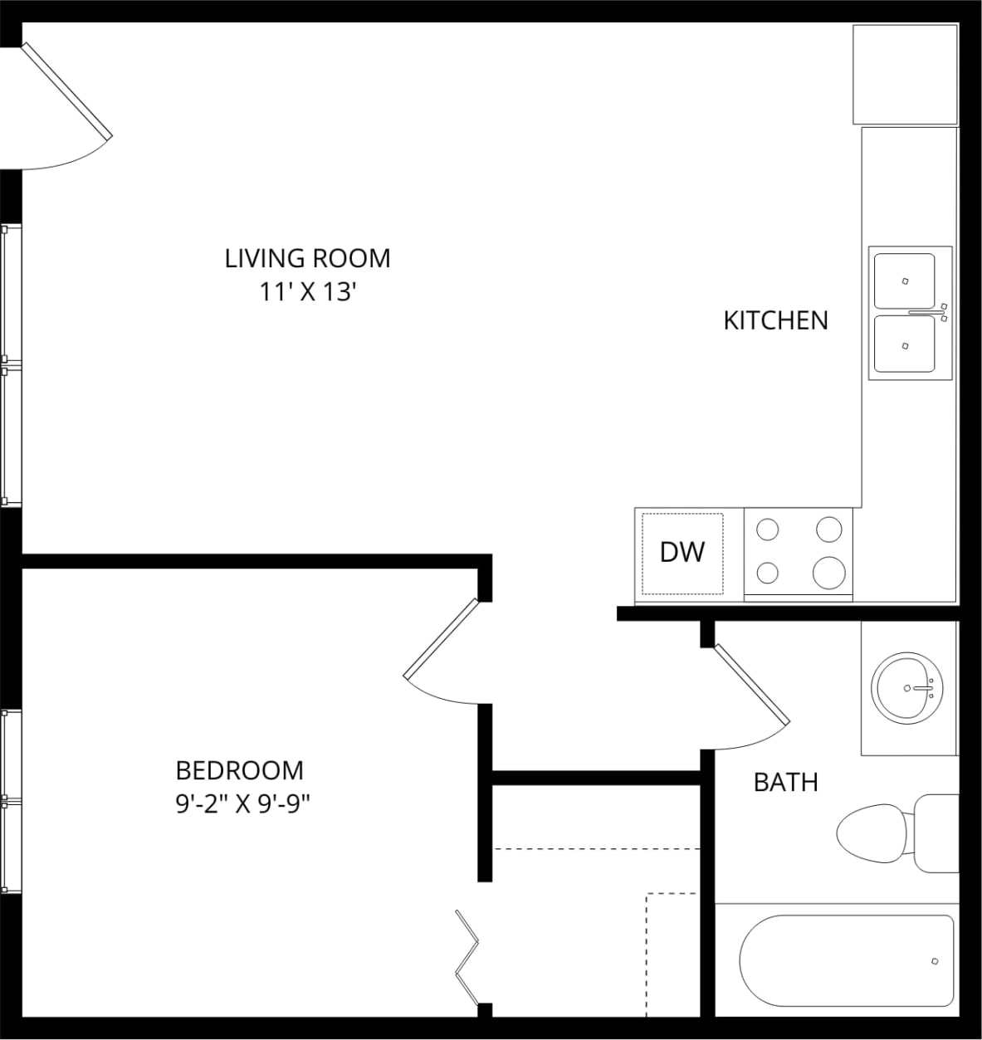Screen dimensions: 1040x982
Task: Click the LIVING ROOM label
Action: pos(307,258)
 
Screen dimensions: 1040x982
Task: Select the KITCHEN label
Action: pos(775,320)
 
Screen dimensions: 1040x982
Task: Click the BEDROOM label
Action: pos(239,770)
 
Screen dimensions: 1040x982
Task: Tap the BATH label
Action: pos(785,782)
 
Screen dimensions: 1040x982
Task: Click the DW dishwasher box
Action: pos(682,552)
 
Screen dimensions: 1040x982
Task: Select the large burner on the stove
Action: pos(828,572)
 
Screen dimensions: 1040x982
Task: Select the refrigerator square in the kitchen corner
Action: pos(906,75)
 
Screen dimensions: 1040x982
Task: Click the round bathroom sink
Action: pos(907,687)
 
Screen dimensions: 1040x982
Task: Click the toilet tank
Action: pos(936,833)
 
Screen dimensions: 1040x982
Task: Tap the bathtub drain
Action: pos(935,961)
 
